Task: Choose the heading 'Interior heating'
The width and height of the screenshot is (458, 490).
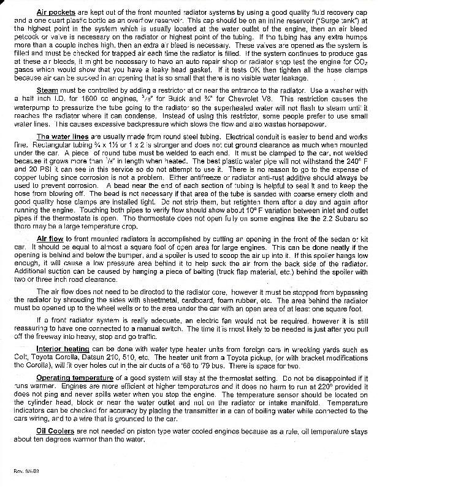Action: (x=63, y=349)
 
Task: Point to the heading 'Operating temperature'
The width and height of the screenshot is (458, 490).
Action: (x=77, y=377)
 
